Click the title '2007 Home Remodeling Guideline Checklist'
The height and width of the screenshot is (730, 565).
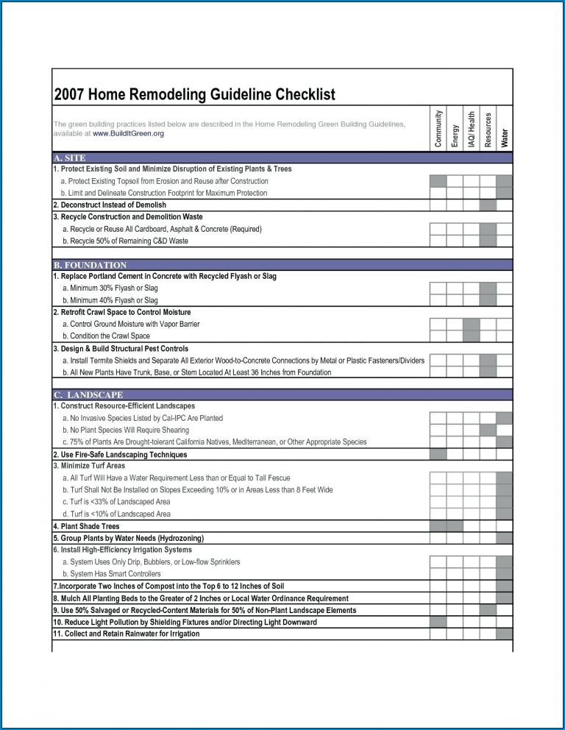point(194,95)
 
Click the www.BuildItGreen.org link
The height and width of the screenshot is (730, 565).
point(128,134)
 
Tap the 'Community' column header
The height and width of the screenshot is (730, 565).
point(438,129)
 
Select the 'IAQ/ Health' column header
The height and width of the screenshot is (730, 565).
point(472,129)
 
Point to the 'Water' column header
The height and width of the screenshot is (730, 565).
point(505,137)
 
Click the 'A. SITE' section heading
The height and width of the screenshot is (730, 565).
point(70,158)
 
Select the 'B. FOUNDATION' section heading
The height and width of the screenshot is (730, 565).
point(90,265)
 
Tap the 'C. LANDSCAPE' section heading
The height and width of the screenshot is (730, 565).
point(88,395)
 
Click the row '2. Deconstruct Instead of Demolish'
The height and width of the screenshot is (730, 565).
point(110,205)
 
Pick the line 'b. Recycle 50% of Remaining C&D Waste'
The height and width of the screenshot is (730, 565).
point(125,241)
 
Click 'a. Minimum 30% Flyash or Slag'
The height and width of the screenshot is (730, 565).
point(110,288)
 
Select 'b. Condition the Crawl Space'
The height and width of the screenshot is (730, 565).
point(106,336)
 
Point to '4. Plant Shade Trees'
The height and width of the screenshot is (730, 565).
point(86,527)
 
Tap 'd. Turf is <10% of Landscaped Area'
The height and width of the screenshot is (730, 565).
point(116,514)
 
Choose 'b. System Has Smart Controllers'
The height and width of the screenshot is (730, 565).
point(111,574)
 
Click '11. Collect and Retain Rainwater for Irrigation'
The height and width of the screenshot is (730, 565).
point(126,634)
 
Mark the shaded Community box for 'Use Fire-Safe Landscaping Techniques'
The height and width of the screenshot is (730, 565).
point(438,455)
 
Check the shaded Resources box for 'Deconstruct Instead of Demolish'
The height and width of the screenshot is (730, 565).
point(488,205)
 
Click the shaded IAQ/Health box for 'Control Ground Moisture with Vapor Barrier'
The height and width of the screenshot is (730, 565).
point(472,325)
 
